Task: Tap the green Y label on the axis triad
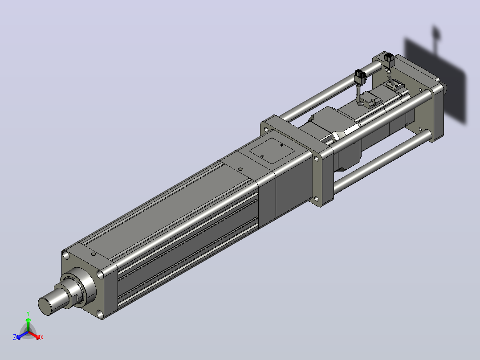point(28,313)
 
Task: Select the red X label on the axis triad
point(42,337)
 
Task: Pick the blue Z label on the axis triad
point(15,337)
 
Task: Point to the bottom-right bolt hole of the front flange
point(100,314)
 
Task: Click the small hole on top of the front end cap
point(94,254)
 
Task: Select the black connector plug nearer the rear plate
point(389,60)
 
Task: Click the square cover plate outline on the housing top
point(272,151)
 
